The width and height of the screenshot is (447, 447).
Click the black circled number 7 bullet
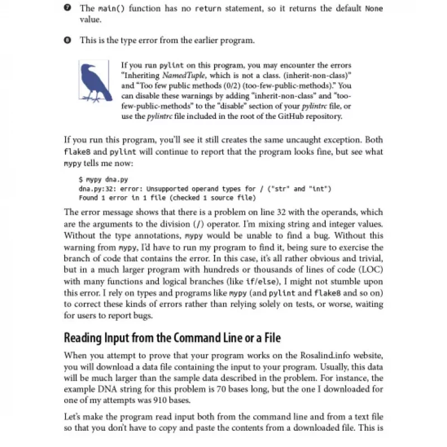(68, 8)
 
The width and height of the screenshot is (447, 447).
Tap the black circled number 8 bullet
(68, 40)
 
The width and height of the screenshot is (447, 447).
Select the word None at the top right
(374, 8)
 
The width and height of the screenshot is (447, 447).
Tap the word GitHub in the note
(286, 117)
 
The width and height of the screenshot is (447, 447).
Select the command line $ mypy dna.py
(103, 180)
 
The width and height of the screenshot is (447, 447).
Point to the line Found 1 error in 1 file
(168, 198)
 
